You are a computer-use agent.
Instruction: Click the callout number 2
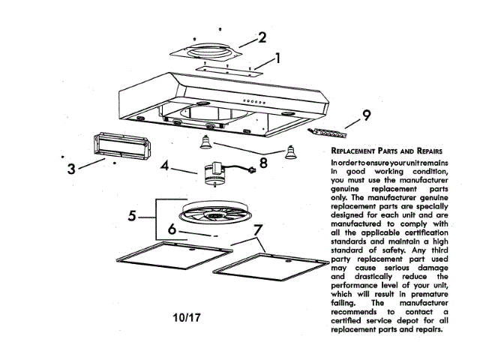point(262,37)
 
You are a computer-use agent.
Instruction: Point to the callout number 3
point(70,169)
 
